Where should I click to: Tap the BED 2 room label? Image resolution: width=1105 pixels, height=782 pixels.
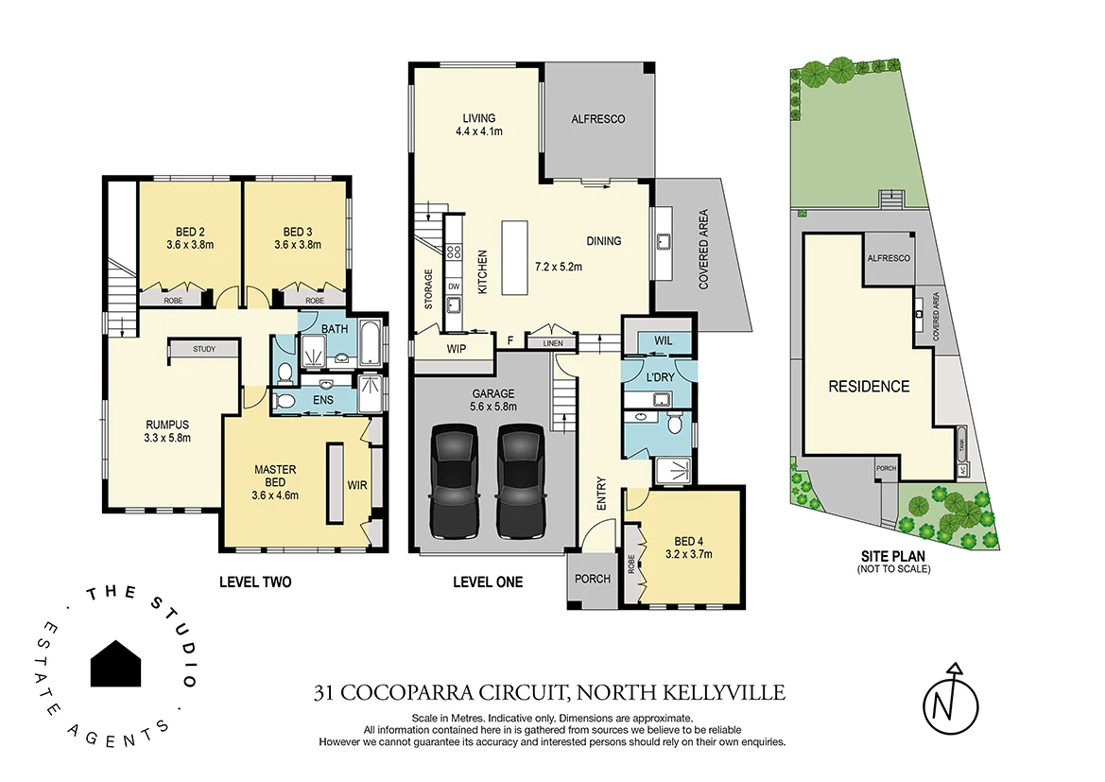[190, 232]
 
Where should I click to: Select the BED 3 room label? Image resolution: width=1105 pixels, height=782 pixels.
[298, 232]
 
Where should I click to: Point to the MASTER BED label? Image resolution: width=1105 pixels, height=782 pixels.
[275, 469]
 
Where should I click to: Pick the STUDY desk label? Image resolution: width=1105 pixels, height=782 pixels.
[203, 349]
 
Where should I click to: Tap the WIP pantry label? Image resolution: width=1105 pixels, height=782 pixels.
[457, 348]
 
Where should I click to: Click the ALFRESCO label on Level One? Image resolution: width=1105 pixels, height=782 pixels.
[597, 119]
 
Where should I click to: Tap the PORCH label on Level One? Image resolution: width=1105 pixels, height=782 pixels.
[593, 579]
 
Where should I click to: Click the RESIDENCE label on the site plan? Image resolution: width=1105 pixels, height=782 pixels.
[869, 386]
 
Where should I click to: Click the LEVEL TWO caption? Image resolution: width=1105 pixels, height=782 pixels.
[255, 582]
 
